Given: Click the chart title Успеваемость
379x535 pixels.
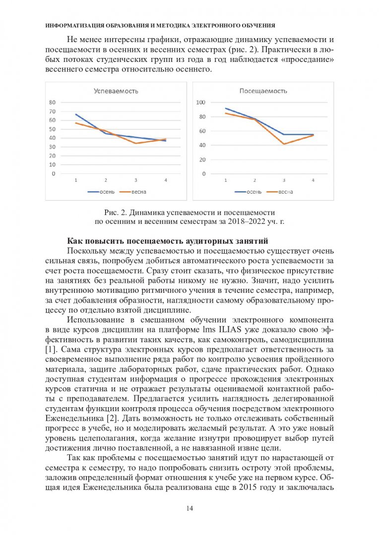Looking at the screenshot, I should coord(116,91).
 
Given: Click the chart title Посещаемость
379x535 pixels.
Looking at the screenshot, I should coord(263,91).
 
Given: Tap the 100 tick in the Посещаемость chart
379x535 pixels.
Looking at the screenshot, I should coord(200,103).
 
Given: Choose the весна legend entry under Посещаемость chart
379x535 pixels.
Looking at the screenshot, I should coord(279,191).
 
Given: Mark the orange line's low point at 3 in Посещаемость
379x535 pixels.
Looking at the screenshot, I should coord(284,144).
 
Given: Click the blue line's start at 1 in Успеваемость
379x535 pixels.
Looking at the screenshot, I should coord(75,114).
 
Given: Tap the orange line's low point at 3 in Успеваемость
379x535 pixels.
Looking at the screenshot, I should coord(135,143).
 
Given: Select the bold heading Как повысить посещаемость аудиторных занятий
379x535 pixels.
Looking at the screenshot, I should coord(168,241).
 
